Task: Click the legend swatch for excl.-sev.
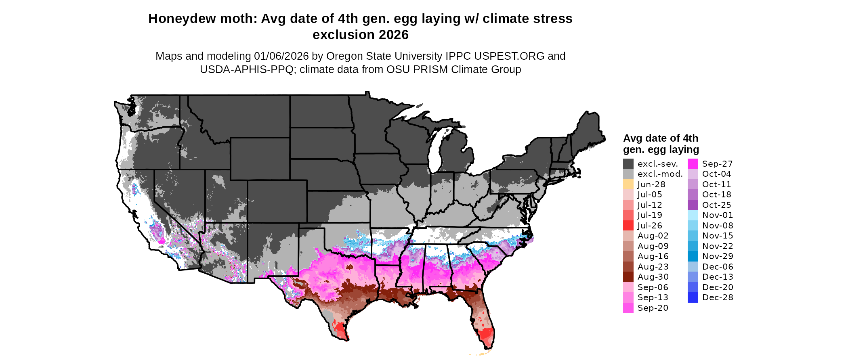tap(628, 164)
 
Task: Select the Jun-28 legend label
tap(651, 184)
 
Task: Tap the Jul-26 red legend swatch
tap(628, 226)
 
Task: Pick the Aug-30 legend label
tap(653, 277)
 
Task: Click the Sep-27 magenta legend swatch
tap(693, 164)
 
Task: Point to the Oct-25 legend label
tap(716, 205)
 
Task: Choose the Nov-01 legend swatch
tap(693, 215)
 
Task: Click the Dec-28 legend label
tap(718, 297)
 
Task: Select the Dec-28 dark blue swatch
tap(693, 297)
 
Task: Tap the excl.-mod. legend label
tap(660, 174)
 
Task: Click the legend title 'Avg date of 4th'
tap(660, 138)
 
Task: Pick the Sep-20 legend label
tap(653, 308)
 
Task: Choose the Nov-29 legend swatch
tap(693, 256)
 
